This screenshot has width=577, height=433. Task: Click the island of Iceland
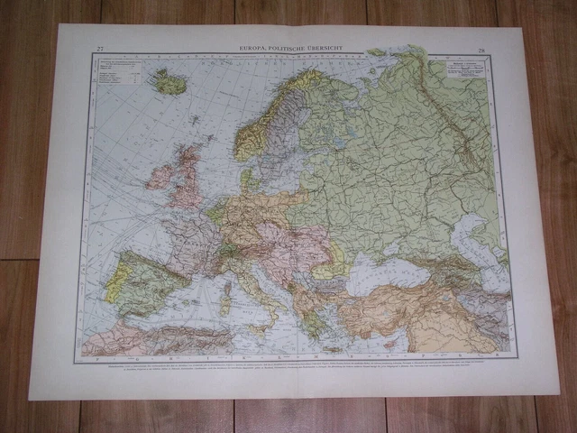pos(168,83)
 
